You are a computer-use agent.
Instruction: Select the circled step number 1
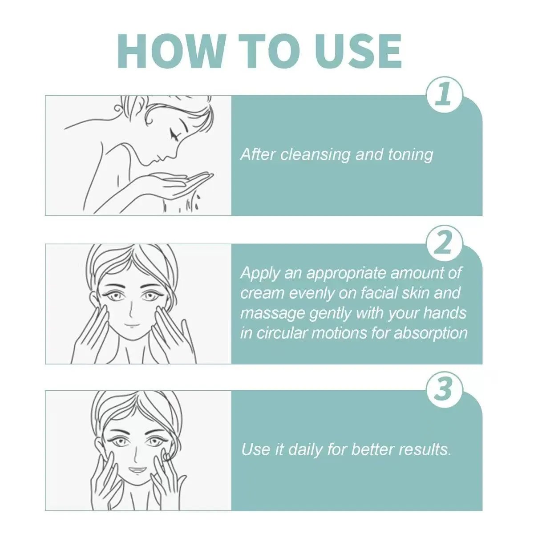pyautogui.click(x=444, y=95)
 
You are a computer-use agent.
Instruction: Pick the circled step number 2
pyautogui.click(x=444, y=243)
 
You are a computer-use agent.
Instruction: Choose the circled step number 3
pyautogui.click(x=444, y=390)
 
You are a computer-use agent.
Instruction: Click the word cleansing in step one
pyautogui.click(x=316, y=155)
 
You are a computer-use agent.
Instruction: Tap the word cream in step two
pyautogui.click(x=263, y=293)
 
